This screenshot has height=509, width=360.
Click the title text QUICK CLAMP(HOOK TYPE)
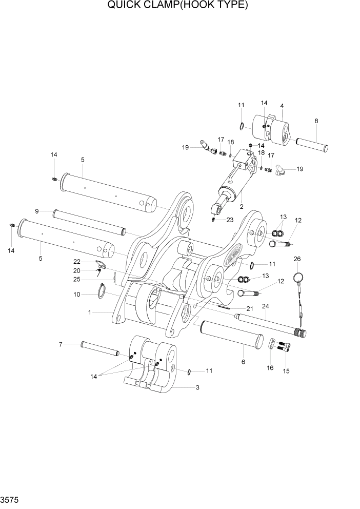point(177,6)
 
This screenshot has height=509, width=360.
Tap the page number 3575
point(11,498)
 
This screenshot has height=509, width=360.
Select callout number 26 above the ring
point(297,259)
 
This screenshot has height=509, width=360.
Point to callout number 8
point(316,121)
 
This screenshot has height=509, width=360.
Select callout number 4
point(282,106)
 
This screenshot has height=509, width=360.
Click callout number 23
point(230,220)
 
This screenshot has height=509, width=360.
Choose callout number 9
point(37,211)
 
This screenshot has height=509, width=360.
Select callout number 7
point(60,344)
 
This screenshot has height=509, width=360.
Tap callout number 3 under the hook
point(197,388)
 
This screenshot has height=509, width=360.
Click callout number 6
point(243,362)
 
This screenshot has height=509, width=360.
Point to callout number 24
point(265,307)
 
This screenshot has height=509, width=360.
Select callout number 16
point(270,367)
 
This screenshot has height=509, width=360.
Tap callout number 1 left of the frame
point(90,312)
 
